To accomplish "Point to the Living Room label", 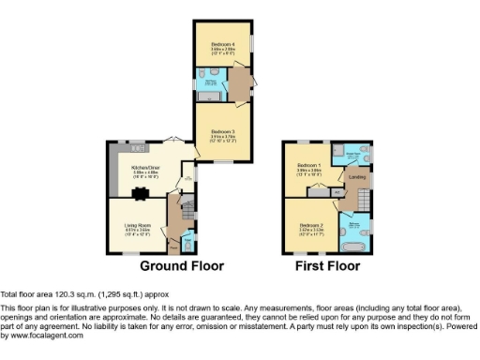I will click(138, 226).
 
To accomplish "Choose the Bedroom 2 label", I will click(311, 226).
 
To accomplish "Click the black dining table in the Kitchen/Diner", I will click(142, 195).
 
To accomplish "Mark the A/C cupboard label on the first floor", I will click(337, 191).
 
